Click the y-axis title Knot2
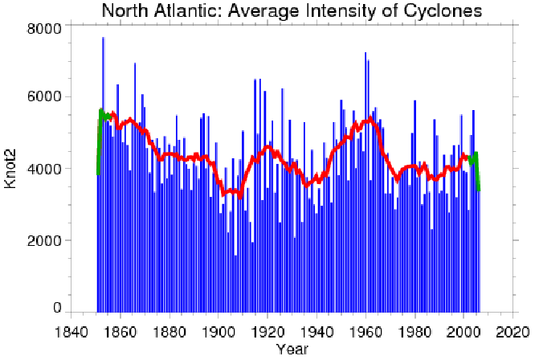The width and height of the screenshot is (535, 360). pyautogui.click(x=11, y=168)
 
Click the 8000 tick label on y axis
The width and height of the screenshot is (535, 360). pyautogui.click(x=45, y=28)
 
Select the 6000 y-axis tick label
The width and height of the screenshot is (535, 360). pyautogui.click(x=45, y=97)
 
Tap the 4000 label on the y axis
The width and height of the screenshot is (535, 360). pyautogui.click(x=45, y=170)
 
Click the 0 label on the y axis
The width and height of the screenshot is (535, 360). pyautogui.click(x=57, y=309)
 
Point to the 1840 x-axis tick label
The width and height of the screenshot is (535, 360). pyautogui.click(x=71, y=329)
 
